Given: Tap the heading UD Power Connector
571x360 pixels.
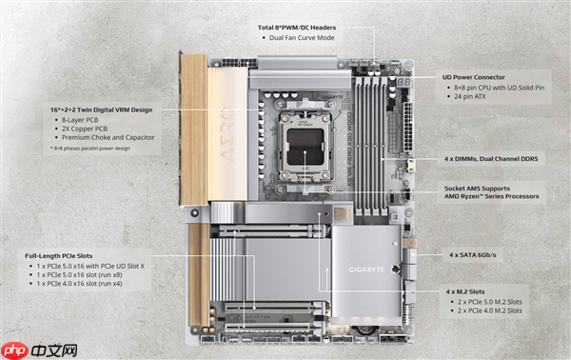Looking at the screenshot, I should pyautogui.click(x=482, y=76).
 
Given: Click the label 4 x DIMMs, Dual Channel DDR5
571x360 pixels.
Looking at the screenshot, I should pyautogui.click(x=494, y=158).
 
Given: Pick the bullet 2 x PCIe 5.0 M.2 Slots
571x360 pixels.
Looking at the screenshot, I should pyautogui.click(x=488, y=301).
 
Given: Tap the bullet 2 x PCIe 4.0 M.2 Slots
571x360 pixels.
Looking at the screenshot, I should pyautogui.click(x=488, y=310).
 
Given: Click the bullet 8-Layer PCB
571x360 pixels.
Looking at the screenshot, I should pyautogui.click(x=83, y=120).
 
